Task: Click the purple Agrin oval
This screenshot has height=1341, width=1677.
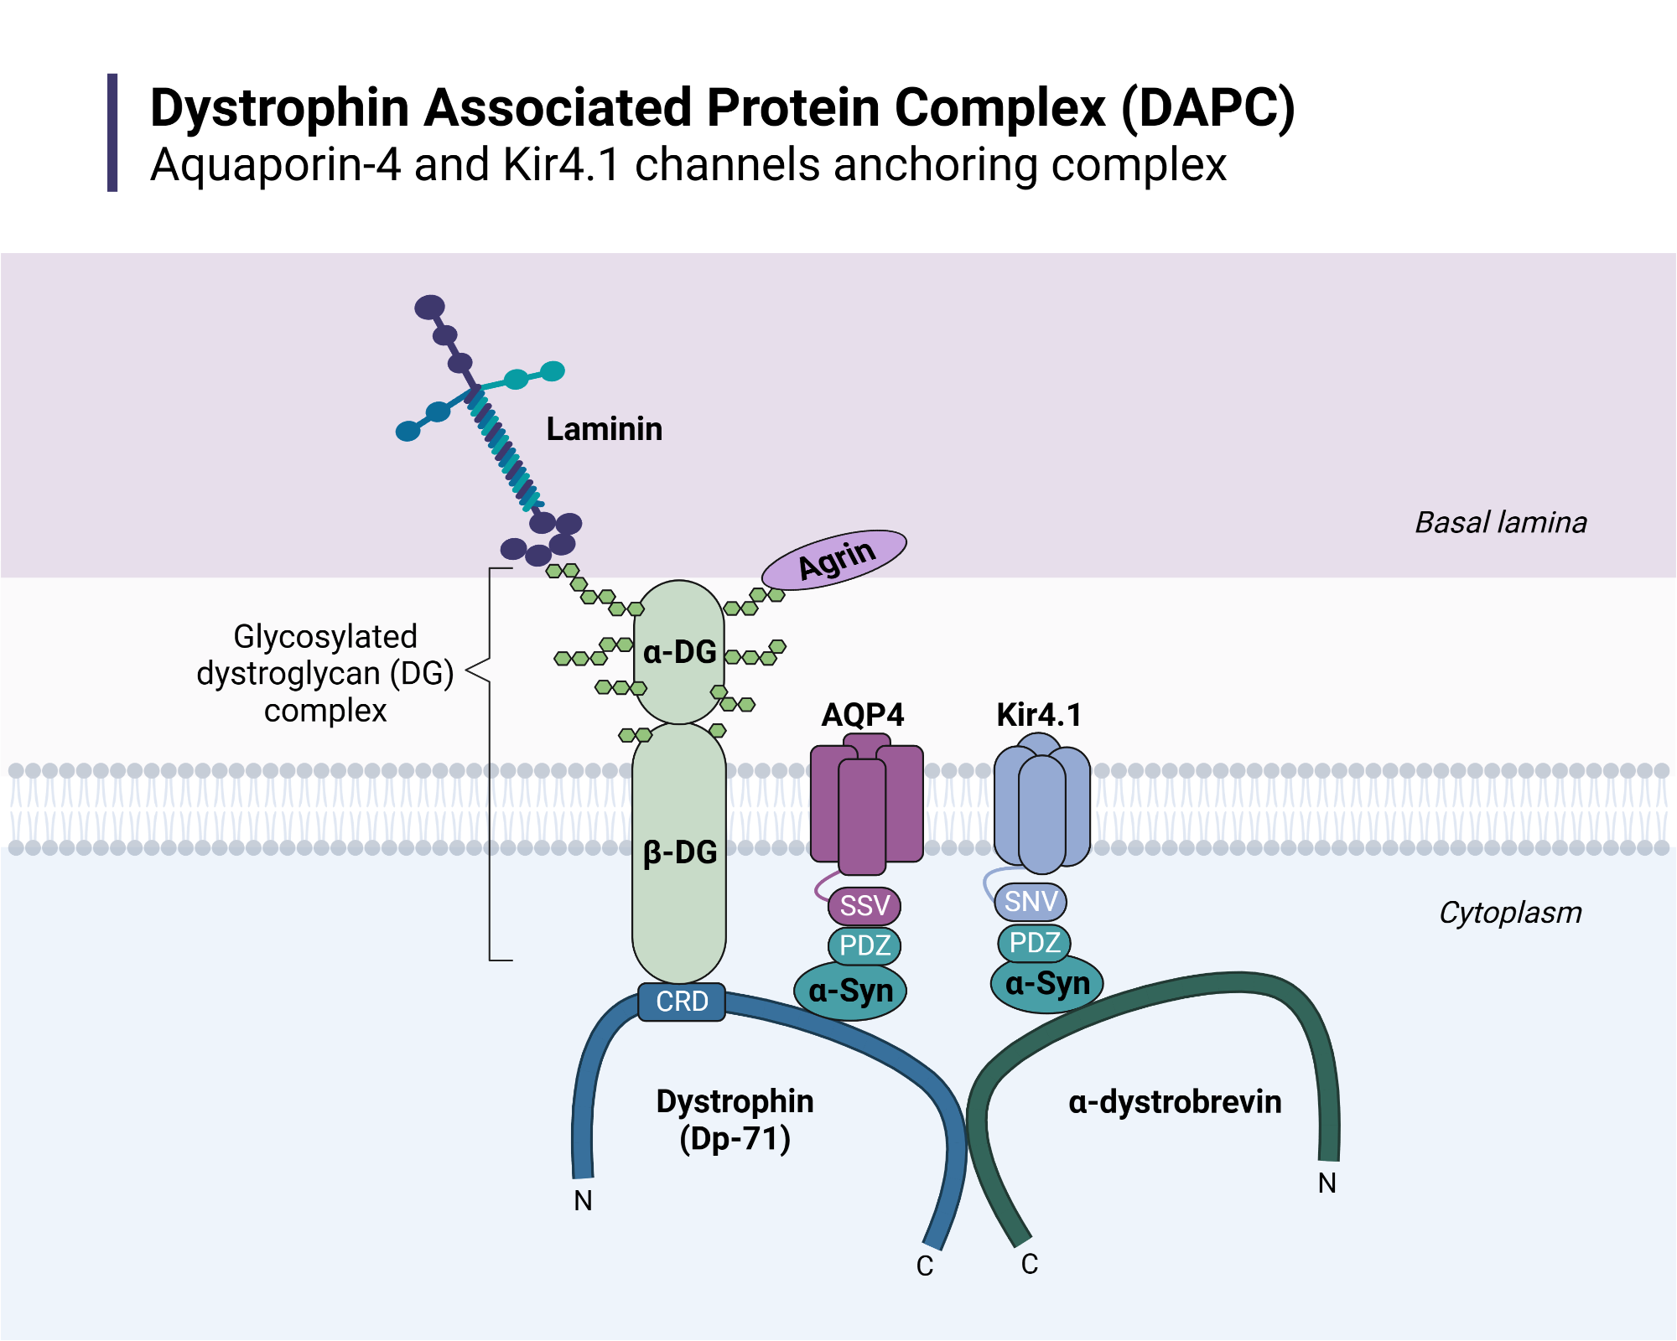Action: pos(834,559)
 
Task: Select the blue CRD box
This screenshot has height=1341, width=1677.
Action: pos(682,1002)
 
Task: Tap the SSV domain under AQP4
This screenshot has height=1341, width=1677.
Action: pos(864,906)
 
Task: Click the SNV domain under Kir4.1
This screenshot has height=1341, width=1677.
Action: pos(1031,902)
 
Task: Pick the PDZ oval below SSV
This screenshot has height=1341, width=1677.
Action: pos(864,945)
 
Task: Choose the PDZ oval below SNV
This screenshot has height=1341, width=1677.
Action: pos(1035,943)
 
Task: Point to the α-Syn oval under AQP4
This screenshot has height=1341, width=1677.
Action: pos(850,992)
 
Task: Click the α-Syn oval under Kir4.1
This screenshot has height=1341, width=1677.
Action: pos(1047,984)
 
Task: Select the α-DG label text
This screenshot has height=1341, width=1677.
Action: pos(680,652)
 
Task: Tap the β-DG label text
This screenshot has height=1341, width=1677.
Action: pos(680,852)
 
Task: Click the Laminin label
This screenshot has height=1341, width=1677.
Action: pos(604,429)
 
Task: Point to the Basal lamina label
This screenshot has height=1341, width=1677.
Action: pos(1500,523)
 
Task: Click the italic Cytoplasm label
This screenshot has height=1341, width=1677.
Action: pos(1509,913)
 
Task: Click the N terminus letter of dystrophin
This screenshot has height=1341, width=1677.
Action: pos(583,1200)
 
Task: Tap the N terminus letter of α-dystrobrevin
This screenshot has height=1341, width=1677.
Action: pos(1327,1183)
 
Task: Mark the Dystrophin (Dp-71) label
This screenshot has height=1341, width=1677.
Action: pos(735,1120)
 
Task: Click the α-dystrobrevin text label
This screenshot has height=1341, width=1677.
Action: pos(1174,1102)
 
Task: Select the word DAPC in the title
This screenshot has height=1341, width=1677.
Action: pos(1208,109)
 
